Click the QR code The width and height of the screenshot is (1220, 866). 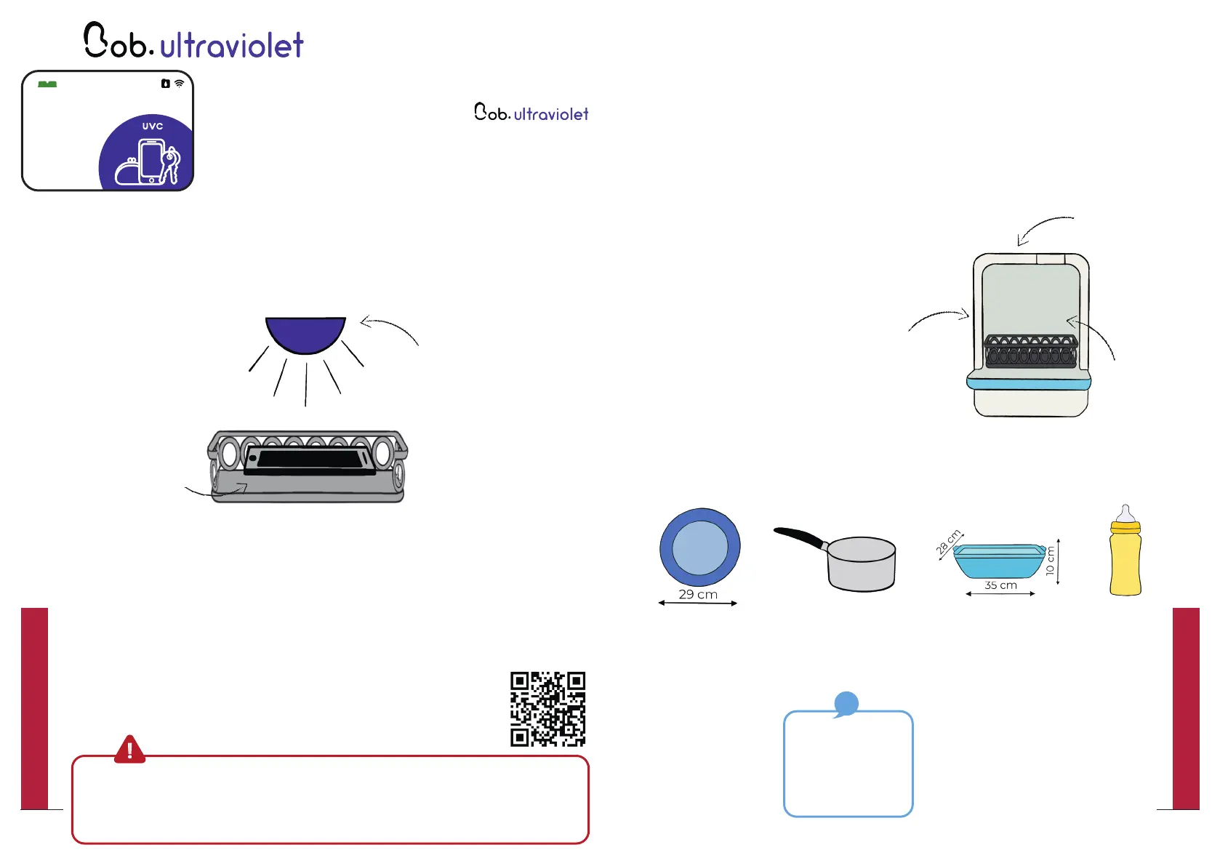tap(547, 709)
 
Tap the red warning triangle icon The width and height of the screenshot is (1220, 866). tap(129, 749)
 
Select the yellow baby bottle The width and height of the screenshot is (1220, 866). tap(1125, 556)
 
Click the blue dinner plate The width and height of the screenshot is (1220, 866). tap(699, 547)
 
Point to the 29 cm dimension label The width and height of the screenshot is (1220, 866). tap(698, 594)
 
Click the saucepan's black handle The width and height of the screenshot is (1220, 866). tap(800, 537)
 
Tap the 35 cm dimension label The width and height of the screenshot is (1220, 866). tap(1000, 585)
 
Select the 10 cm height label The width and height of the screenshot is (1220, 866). tap(1050, 561)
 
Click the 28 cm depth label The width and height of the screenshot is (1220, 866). tap(948, 542)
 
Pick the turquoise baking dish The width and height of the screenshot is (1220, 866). tap(999, 561)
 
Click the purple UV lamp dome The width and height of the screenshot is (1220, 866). tap(305, 333)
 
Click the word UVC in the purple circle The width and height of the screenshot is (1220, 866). tap(153, 126)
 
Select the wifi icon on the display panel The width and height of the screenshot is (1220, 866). tap(179, 84)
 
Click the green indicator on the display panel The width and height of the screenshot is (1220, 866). tap(47, 84)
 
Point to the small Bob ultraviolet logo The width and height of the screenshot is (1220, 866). tap(531, 113)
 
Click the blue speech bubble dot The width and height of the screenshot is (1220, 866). tap(846, 703)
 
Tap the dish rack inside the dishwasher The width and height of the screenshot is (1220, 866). tap(1030, 350)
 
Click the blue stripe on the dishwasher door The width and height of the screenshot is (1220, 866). tap(1029, 381)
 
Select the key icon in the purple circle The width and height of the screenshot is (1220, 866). tap(172, 164)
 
